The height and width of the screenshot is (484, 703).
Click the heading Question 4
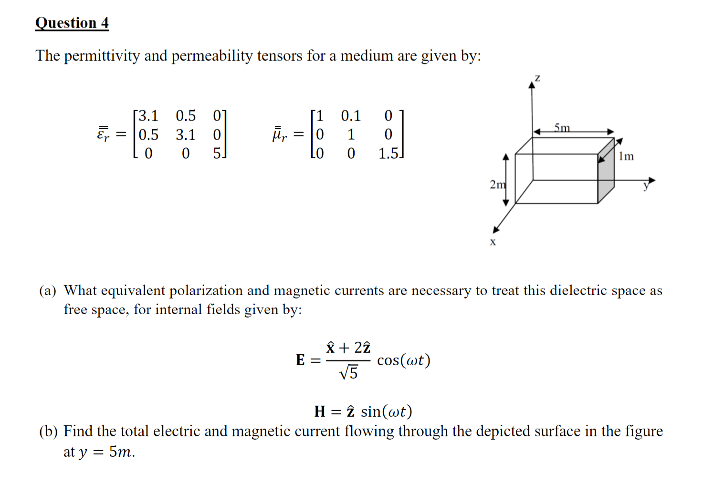[x=72, y=23]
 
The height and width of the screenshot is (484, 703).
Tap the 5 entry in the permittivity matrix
[x=217, y=154]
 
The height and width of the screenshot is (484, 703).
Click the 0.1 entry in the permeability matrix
[x=351, y=116]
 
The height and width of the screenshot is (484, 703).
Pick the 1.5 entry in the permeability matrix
[x=388, y=154]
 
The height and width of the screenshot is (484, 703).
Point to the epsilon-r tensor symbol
[x=103, y=134]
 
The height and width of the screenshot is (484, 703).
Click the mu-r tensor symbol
[x=279, y=134]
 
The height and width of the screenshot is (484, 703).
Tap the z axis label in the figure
[x=537, y=78]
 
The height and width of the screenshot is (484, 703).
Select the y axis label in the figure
[x=646, y=185]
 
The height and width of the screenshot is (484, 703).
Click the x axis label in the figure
[x=493, y=242]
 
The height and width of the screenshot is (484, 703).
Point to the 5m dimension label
[x=562, y=127]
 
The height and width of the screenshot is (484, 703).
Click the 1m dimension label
[x=626, y=156]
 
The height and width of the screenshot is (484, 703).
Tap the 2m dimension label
[x=497, y=184]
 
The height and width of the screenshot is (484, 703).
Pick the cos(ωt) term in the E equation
[x=403, y=360]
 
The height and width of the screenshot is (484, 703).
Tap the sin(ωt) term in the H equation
[x=386, y=411]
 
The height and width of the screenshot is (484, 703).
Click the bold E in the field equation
[x=300, y=360]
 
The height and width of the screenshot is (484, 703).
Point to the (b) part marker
[x=48, y=432]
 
